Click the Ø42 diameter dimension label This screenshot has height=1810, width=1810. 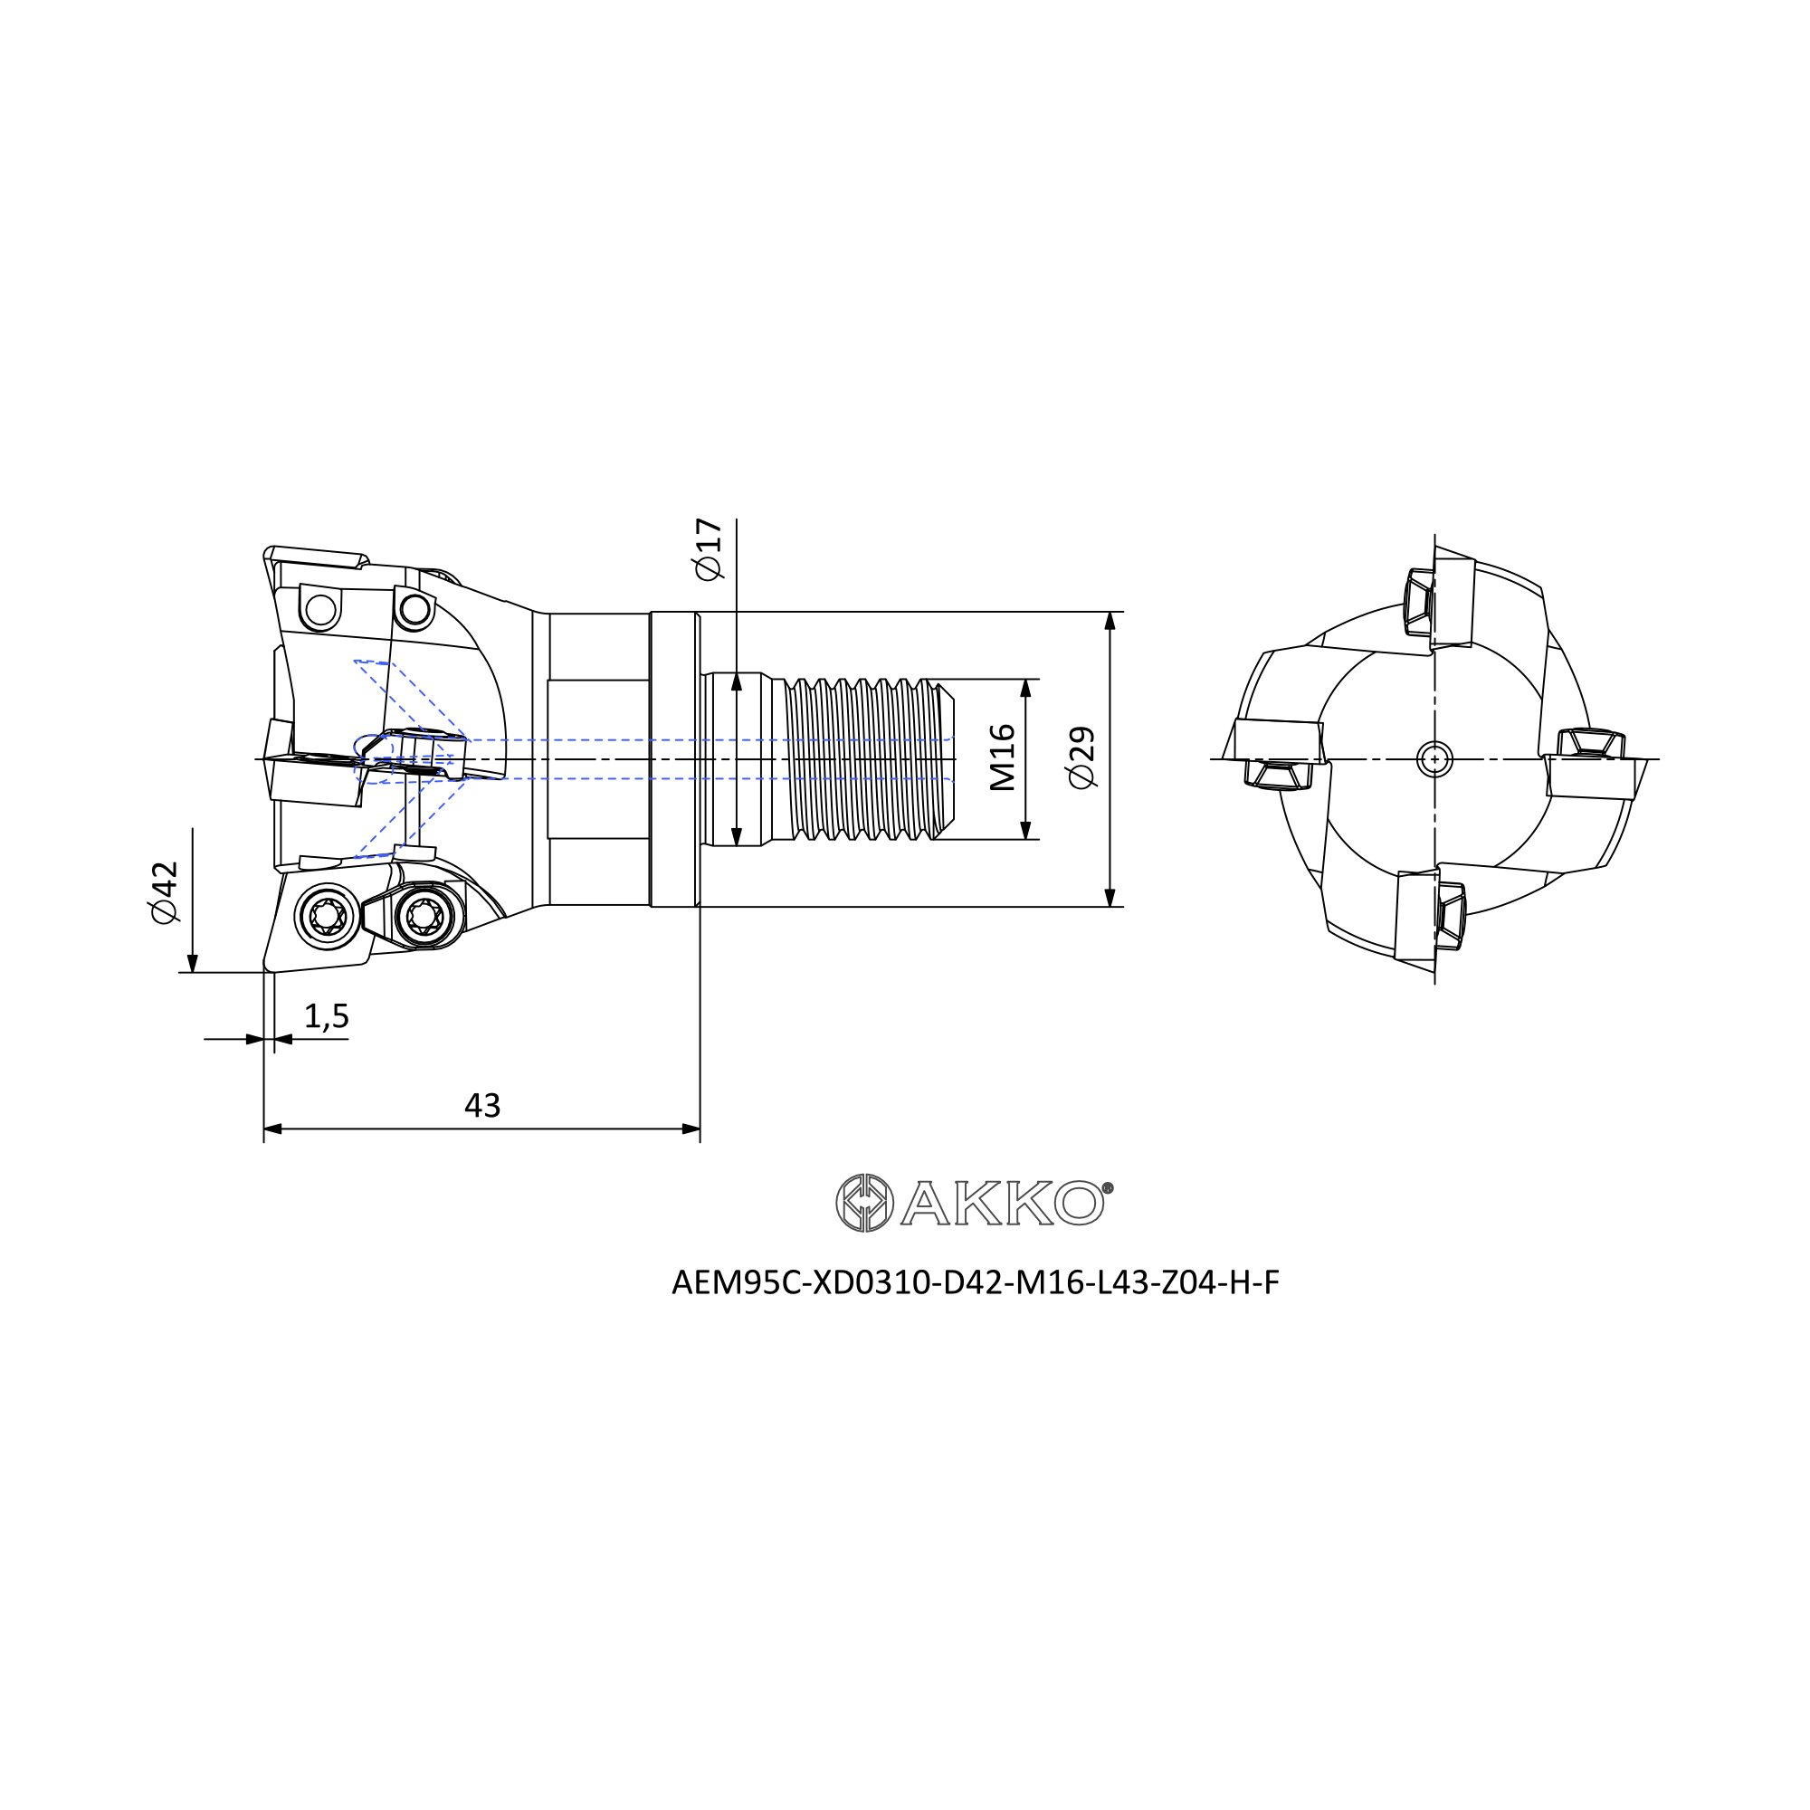click(x=164, y=892)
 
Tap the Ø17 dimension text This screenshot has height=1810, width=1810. click(x=709, y=549)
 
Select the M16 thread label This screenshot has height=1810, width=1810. click(x=1003, y=757)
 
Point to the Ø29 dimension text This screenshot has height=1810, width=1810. click(x=1081, y=757)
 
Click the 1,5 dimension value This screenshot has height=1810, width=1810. click(x=326, y=1015)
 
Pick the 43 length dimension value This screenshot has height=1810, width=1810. click(x=482, y=1106)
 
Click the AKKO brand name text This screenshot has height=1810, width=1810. click(x=1002, y=1202)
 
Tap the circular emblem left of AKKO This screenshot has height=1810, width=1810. click(x=863, y=1203)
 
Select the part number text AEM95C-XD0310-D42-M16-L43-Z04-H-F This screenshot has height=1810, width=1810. click(x=976, y=1282)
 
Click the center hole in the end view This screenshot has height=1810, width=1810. click(x=1434, y=759)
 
